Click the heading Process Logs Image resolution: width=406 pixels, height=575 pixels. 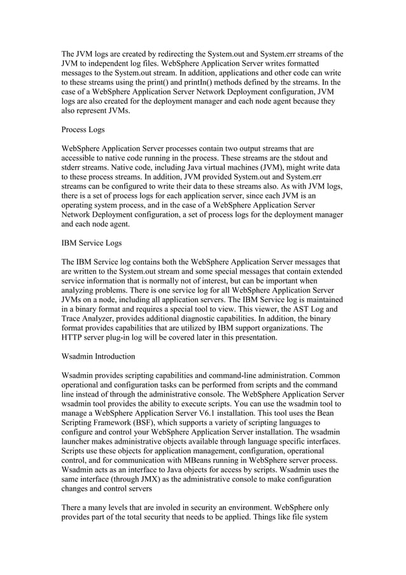(83, 129)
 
